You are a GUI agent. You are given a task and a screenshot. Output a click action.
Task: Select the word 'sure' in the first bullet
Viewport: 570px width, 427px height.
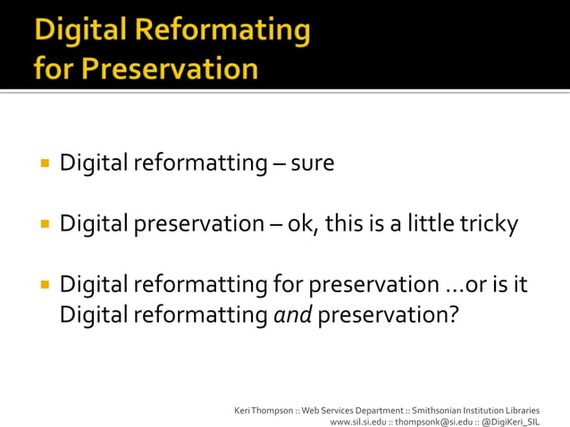(x=314, y=164)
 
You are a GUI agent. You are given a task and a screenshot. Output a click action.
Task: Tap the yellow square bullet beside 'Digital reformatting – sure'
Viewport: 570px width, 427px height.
(x=43, y=163)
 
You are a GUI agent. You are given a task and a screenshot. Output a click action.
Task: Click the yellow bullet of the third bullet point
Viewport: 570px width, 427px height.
(x=43, y=284)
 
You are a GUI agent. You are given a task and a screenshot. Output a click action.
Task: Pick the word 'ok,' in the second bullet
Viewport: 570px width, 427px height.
(x=303, y=224)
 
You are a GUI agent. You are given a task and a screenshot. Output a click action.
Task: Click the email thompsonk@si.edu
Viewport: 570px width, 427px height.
(x=423, y=421)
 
